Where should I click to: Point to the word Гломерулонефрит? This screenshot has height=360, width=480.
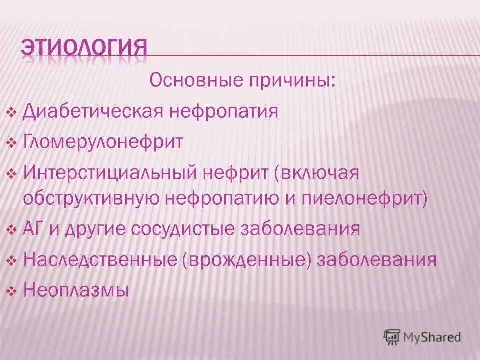[103, 142]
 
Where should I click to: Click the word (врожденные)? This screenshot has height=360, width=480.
[247, 260]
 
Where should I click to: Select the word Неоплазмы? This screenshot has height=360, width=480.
[76, 290]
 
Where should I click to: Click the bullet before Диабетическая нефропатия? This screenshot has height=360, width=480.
[13, 112]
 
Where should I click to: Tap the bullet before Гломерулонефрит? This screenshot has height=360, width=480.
[13, 143]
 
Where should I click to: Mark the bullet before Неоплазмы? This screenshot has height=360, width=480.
[13, 290]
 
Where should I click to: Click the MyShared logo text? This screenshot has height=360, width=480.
[433, 337]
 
